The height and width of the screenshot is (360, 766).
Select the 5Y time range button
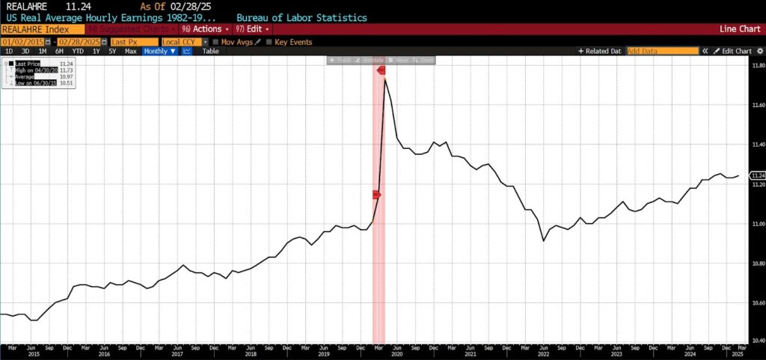[x=112, y=51]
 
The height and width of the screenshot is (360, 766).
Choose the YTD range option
[x=79, y=51]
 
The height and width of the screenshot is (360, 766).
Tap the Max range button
[x=130, y=51]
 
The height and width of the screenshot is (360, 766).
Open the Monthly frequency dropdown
[x=161, y=51]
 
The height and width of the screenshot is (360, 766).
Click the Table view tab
[x=211, y=51]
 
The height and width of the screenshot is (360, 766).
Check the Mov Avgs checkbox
[x=216, y=41]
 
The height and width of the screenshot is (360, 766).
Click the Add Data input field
[x=661, y=51]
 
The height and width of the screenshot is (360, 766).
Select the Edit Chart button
[x=732, y=51]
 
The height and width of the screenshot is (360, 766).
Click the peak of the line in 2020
[x=385, y=79]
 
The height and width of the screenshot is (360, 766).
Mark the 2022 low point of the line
[x=543, y=240]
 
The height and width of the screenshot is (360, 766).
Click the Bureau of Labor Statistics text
[x=301, y=16]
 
